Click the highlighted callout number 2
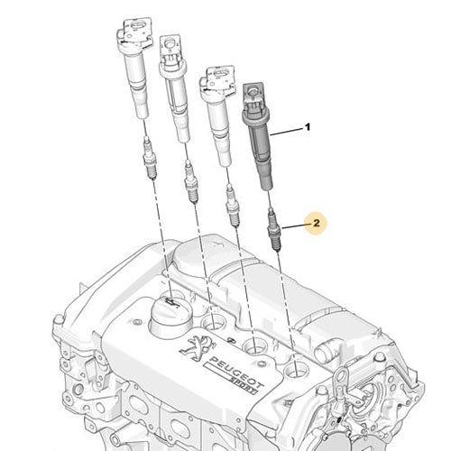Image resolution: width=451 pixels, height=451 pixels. click(316, 220)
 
